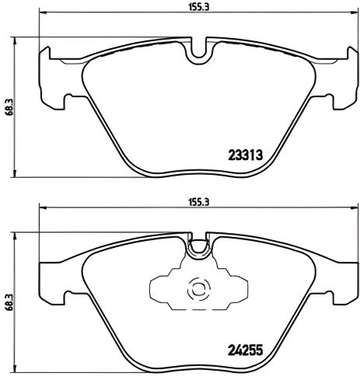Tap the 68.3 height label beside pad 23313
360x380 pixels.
[x=9, y=106]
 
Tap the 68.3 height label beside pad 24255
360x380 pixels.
[x=9, y=302]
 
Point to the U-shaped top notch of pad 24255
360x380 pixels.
[x=199, y=246]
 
